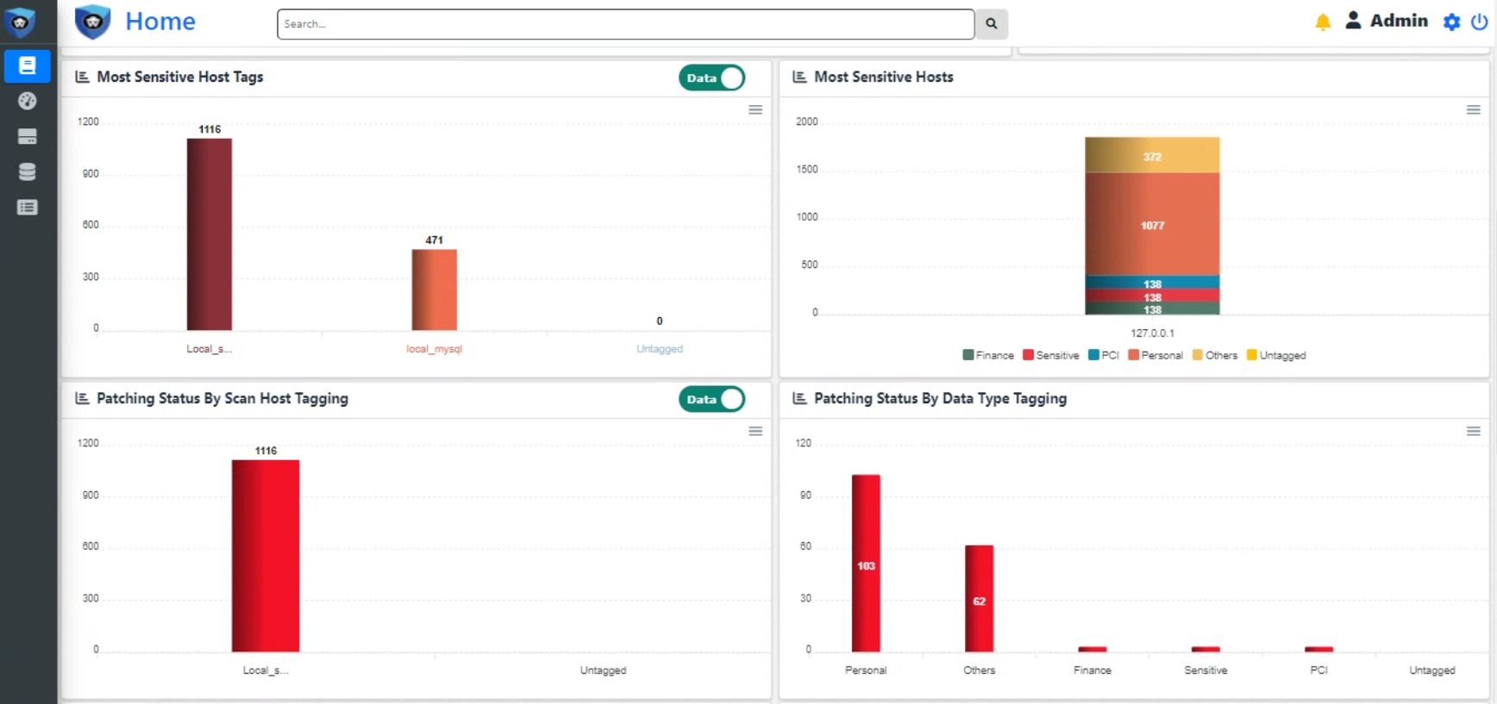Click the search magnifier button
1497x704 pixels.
point(991,24)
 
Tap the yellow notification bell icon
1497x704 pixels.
point(1322,22)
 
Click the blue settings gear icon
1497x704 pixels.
point(1451,22)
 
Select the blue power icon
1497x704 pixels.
point(1479,22)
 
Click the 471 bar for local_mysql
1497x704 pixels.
point(434,290)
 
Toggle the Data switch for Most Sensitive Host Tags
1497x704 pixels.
point(712,78)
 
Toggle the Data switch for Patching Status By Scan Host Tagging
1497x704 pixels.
point(712,399)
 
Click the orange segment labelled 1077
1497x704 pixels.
point(1152,224)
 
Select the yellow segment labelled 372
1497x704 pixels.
point(1152,155)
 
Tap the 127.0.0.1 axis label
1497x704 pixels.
point(1152,333)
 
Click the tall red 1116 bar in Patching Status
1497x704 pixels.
point(266,555)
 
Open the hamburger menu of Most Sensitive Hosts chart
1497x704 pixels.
point(1473,109)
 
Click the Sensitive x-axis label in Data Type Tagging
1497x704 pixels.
point(1206,670)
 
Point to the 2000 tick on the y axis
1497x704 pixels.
point(807,121)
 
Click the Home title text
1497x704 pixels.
point(160,22)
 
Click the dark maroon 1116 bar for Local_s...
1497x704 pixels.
point(210,234)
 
